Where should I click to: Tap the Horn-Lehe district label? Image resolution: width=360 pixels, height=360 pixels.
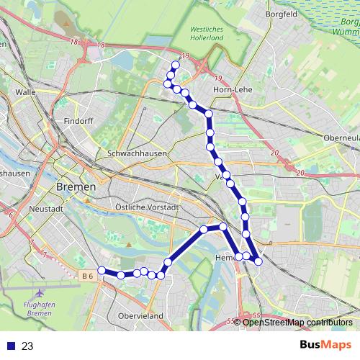click(x=233, y=90)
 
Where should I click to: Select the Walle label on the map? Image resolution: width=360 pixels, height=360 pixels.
click(x=25, y=92)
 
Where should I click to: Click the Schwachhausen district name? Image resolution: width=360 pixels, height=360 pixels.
click(x=137, y=154)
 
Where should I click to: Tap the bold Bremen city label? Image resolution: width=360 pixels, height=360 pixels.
click(x=76, y=186)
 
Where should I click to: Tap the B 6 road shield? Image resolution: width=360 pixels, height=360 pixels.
click(x=88, y=275)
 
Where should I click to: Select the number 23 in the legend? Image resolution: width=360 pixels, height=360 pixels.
click(x=27, y=346)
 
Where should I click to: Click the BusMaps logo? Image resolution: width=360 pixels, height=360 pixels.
click(x=325, y=346)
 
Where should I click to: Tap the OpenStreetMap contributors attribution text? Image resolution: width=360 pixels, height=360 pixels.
click(x=297, y=322)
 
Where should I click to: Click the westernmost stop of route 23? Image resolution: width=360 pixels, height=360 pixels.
click(x=102, y=271)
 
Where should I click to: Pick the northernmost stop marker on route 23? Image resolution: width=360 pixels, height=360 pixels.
click(x=175, y=65)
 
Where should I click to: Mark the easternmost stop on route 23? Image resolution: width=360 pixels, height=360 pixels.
click(x=258, y=261)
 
